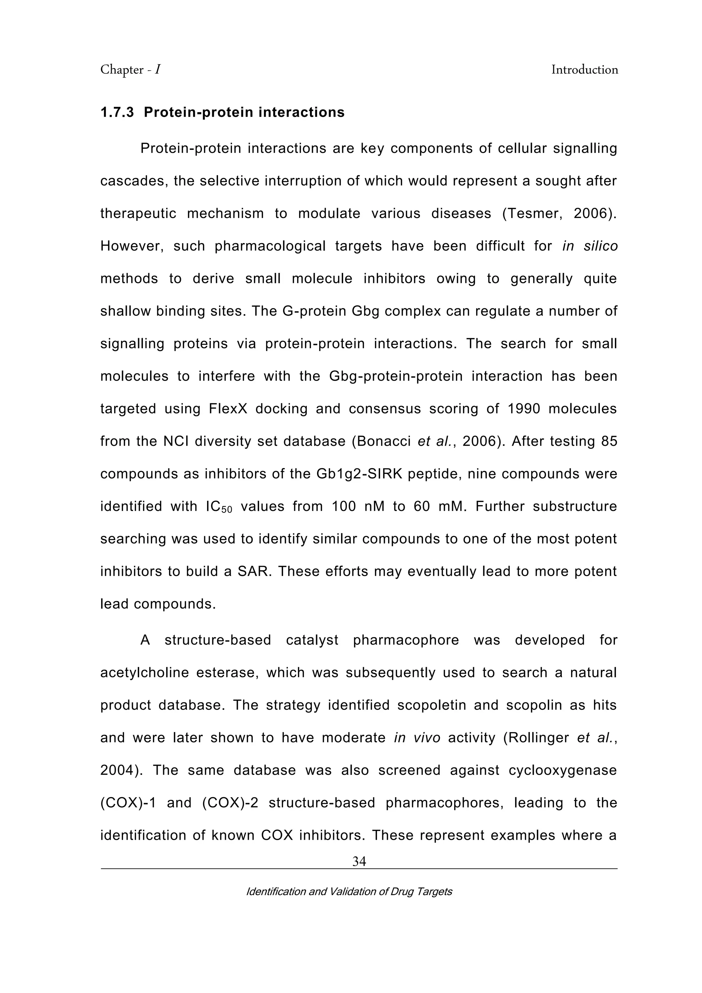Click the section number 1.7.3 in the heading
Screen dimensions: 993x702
coord(117,112)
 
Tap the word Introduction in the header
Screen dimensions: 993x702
coord(584,70)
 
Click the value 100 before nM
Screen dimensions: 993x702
coord(344,506)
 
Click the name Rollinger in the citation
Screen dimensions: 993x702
coord(538,738)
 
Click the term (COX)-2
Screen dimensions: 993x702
coord(230,803)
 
